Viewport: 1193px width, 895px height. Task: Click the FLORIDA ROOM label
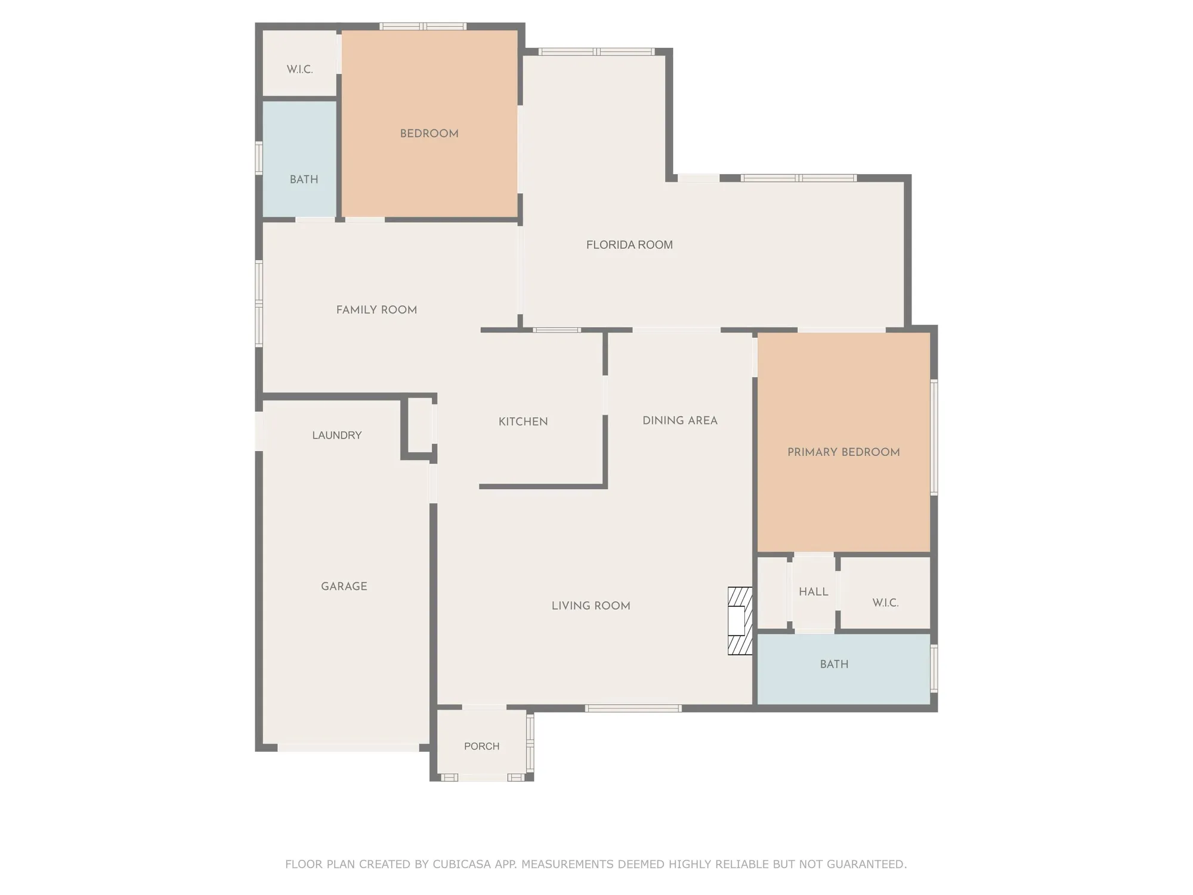[x=629, y=245]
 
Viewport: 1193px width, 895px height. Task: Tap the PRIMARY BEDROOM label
[x=843, y=452]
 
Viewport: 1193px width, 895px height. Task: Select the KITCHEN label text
[x=523, y=422]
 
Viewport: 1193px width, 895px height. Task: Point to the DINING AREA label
[x=679, y=421]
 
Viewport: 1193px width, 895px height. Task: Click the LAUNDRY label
[x=337, y=436]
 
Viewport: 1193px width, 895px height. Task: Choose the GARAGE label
[x=344, y=587]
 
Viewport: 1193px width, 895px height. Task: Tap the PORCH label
[x=482, y=746]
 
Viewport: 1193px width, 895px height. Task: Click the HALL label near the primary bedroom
[x=814, y=592]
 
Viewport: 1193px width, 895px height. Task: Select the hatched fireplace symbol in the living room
[x=740, y=621]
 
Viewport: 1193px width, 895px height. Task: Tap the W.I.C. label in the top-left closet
[x=299, y=69]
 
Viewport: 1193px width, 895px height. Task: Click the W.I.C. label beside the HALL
[x=885, y=603]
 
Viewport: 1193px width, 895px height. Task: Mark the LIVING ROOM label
[x=591, y=606]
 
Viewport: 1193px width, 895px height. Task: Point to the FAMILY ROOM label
[x=376, y=310]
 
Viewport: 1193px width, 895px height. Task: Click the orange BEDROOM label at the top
[x=429, y=134]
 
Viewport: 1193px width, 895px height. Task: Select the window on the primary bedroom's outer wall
[x=934, y=437]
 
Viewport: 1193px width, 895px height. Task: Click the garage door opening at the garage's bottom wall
[x=348, y=748]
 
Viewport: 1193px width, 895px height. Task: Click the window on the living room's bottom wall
[x=633, y=708]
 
